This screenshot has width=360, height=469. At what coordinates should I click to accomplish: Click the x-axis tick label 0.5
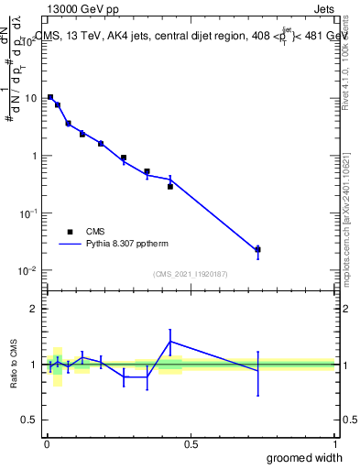pyautogui.click(x=191, y=444)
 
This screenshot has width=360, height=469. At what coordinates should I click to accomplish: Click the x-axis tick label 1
pyautogui.click(x=334, y=444)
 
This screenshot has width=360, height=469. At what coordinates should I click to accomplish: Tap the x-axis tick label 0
pyautogui.click(x=47, y=444)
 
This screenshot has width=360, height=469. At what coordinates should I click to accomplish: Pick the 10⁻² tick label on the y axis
pyautogui.click(x=29, y=271)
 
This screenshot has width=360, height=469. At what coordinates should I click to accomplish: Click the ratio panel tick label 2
pyautogui.click(x=35, y=309)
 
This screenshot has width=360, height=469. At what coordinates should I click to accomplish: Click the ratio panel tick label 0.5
pyautogui.click(x=30, y=421)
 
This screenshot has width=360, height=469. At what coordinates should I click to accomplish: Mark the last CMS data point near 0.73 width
pyautogui.click(x=258, y=249)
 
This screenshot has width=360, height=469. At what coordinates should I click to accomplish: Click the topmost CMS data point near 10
pyautogui.click(x=49, y=96)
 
